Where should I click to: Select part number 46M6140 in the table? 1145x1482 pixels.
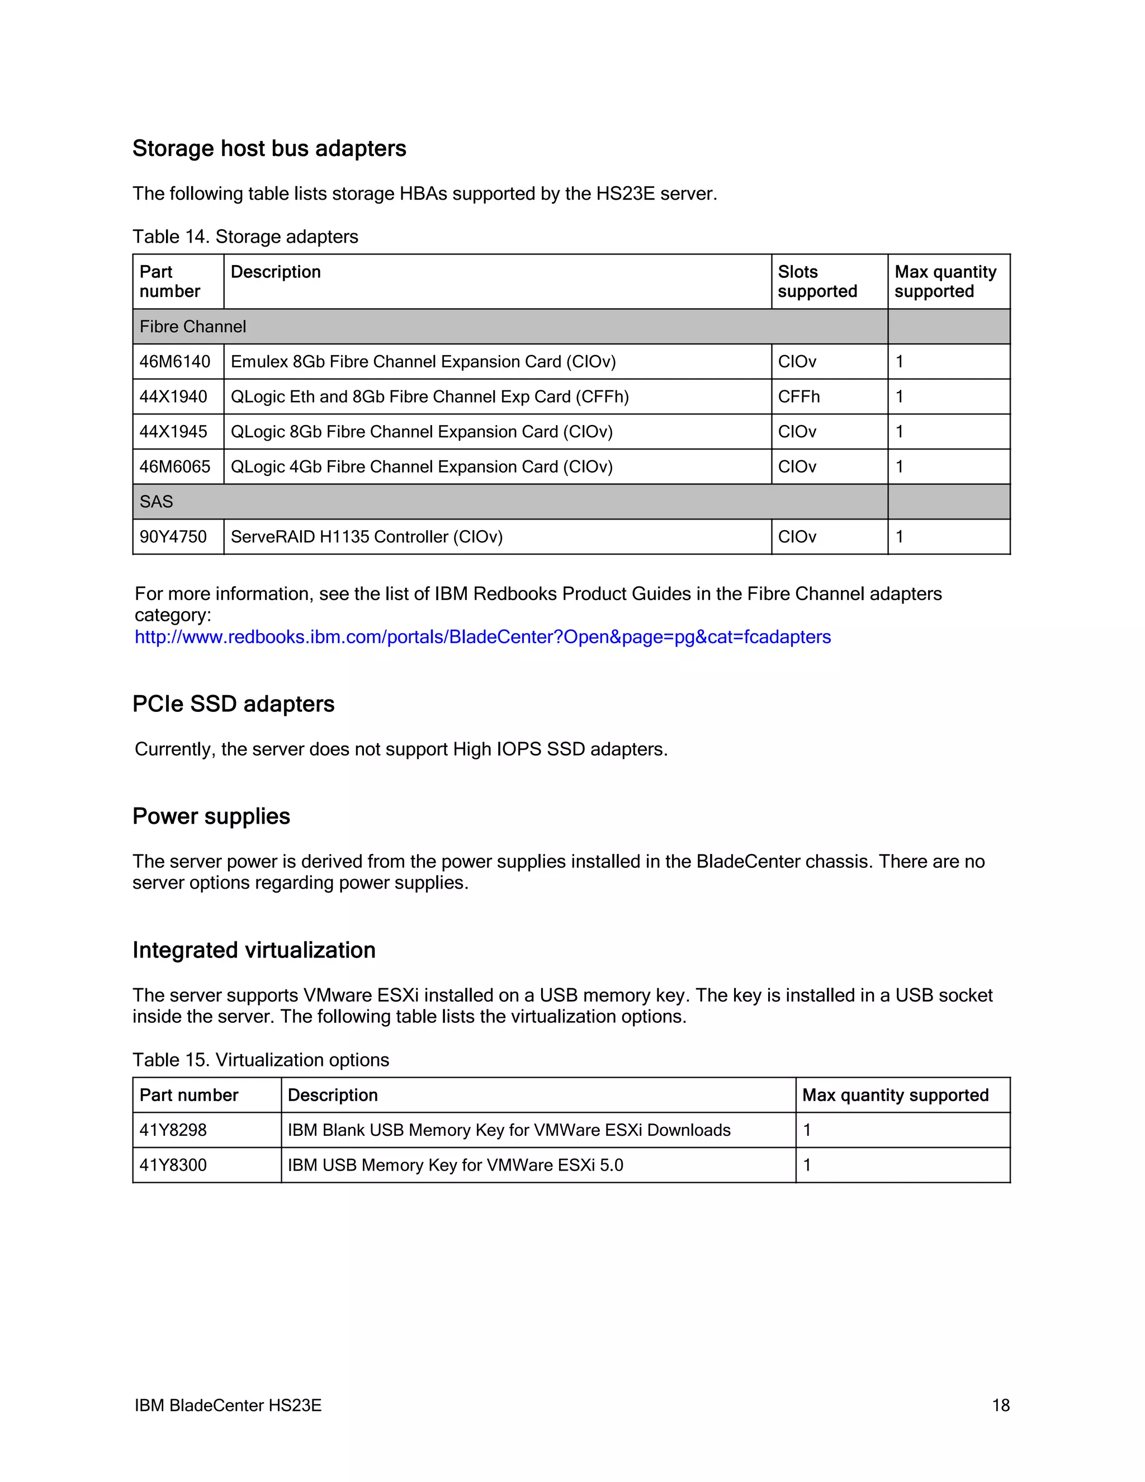175,362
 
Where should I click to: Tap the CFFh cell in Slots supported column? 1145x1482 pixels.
798,397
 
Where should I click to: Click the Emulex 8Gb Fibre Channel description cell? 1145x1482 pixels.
423,362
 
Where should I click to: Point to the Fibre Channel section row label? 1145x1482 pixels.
193,327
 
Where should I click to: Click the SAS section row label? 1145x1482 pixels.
156,502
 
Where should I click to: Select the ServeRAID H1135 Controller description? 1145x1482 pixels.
366,537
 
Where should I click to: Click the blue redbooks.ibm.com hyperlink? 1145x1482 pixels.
482,637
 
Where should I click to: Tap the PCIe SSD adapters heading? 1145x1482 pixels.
233,704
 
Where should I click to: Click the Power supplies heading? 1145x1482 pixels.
211,816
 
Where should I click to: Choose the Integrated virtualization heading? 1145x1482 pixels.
254,951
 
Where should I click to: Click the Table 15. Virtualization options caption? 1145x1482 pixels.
261,1060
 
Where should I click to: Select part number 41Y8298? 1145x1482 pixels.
173,1130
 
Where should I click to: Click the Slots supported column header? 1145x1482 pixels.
817,282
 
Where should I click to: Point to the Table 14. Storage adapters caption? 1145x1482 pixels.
245,237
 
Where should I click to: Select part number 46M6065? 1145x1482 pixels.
175,467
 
